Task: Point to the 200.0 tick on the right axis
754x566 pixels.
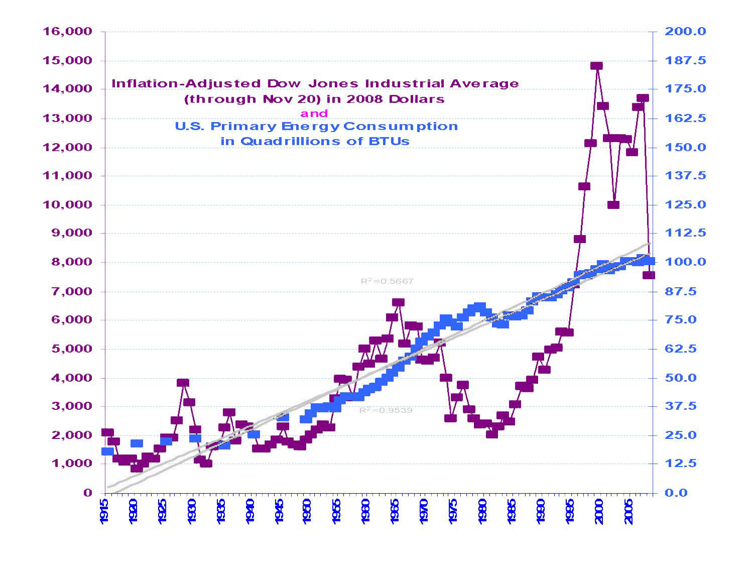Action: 685,32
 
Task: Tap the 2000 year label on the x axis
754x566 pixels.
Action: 598,511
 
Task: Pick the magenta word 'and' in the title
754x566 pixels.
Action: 314,114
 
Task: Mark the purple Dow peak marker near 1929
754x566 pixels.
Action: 183,383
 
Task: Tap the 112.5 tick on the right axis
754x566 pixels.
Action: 685,233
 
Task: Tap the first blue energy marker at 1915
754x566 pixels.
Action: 107,451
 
